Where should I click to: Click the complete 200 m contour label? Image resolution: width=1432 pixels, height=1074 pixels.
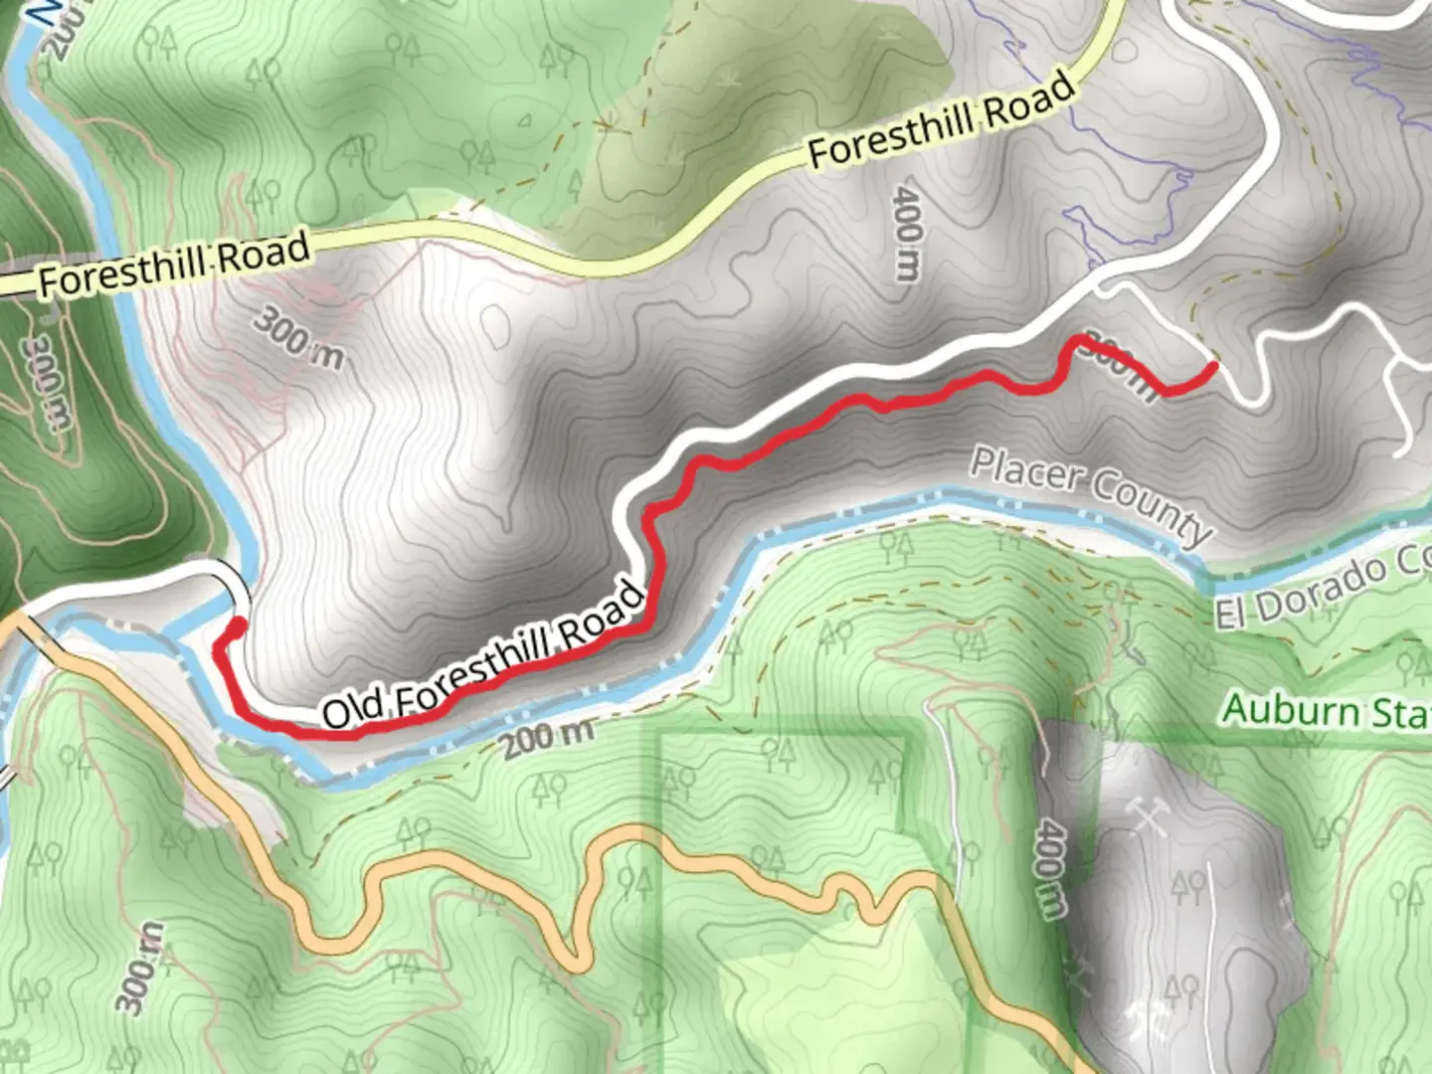(547, 737)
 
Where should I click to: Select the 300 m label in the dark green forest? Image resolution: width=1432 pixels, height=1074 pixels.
(46, 383)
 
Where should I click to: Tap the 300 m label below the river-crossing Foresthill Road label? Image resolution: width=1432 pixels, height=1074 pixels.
(298, 338)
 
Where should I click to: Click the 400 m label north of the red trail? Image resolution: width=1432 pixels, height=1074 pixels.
(907, 233)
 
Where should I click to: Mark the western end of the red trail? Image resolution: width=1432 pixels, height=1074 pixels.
(239, 625)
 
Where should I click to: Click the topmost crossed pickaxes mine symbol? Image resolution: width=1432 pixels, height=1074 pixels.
(1149, 815)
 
